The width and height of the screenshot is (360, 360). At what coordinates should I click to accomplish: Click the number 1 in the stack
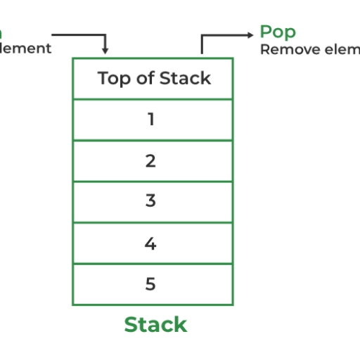[150, 120]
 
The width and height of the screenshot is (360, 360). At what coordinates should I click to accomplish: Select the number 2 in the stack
[150, 161]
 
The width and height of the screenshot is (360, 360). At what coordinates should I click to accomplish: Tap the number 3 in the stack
[150, 202]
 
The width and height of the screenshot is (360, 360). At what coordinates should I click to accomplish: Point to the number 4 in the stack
[150, 243]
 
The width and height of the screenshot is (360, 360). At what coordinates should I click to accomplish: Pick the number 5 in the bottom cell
[150, 284]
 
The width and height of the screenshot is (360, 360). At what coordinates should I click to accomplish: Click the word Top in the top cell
[112, 78]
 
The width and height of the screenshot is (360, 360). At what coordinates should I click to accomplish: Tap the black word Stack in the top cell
[185, 78]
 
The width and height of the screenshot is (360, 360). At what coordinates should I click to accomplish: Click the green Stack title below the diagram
[155, 324]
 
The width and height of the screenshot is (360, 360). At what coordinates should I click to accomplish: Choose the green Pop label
[278, 32]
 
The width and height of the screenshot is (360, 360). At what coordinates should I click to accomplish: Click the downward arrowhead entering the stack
[105, 51]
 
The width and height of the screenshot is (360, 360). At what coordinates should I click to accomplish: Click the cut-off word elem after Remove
[337, 49]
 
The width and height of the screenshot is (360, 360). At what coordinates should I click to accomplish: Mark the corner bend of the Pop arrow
[202, 34]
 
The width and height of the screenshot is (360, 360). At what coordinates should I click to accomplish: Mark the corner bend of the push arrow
[105, 34]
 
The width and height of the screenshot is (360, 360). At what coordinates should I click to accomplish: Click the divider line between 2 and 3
[153, 181]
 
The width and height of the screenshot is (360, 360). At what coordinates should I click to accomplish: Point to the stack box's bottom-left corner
[73, 304]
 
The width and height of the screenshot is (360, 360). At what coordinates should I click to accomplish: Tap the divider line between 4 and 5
[153, 264]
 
